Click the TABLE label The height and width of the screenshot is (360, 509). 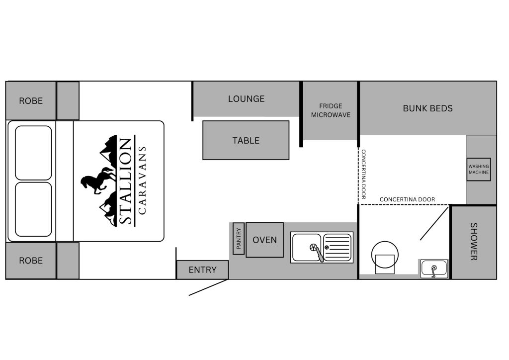pos(246,141)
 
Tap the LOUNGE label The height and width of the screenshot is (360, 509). pos(246,98)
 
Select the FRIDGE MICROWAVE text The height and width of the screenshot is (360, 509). pos(331,110)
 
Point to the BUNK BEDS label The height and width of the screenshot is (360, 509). pos(427,108)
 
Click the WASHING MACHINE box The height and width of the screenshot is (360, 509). pos(479,169)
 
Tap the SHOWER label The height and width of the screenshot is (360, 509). pos(474,242)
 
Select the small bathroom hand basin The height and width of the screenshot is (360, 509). pos(434,269)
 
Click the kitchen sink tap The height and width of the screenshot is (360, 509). pos(316,252)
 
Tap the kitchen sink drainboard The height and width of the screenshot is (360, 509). pos(338,247)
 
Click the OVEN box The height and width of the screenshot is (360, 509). pos(264,240)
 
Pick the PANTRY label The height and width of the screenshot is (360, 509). pos(239,239)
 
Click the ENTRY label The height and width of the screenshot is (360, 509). pos(203,270)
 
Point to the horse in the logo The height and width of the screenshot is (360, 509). pos(98,180)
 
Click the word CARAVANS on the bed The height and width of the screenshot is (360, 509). pos(142,180)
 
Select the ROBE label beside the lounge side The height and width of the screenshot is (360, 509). pos(31,101)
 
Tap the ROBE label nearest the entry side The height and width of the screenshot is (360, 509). pos(31,261)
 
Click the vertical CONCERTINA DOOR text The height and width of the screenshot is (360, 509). pos(363,175)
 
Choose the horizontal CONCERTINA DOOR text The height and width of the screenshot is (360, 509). pos(407,199)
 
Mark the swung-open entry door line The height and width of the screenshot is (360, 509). pos(208,287)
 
